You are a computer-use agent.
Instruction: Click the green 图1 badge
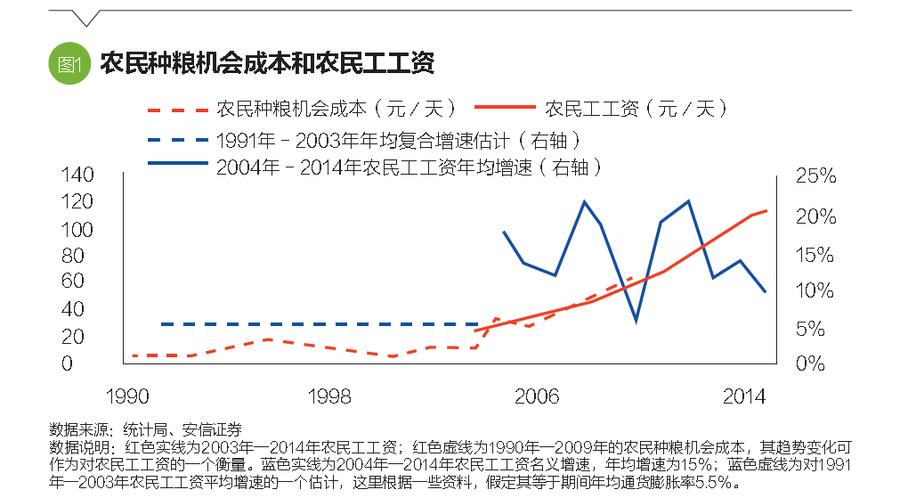pos(69,63)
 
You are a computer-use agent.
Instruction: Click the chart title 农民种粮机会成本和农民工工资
pos(267,63)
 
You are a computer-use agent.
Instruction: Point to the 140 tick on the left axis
pos(77,176)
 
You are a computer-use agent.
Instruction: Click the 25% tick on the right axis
pos(815,176)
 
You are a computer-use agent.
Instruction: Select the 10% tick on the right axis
pos(815,291)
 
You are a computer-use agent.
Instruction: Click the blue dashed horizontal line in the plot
pos(320,324)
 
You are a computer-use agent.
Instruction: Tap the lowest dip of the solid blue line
pos(636,319)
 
